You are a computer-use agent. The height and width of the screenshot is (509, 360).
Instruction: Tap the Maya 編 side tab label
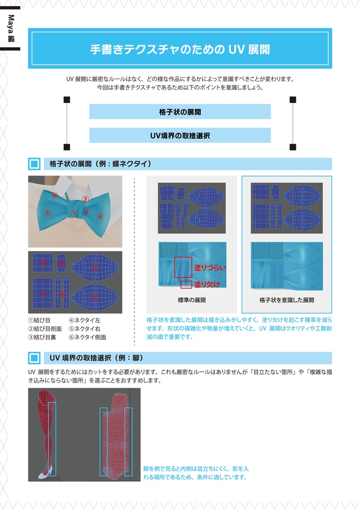click(x=10, y=28)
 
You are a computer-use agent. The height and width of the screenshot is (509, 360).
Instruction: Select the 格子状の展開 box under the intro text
click(x=180, y=112)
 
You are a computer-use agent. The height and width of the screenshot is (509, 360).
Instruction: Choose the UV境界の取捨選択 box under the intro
click(x=180, y=135)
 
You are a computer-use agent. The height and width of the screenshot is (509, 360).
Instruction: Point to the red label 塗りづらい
click(x=210, y=267)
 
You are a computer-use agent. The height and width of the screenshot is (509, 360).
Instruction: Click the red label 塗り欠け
click(x=207, y=284)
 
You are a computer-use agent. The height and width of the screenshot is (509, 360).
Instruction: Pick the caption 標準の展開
click(x=191, y=300)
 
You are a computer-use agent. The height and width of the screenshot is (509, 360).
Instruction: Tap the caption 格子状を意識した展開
click(x=286, y=300)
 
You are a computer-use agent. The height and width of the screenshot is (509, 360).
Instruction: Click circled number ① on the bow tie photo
click(x=74, y=213)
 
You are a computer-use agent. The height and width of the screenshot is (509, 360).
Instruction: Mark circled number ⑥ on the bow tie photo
click(x=55, y=195)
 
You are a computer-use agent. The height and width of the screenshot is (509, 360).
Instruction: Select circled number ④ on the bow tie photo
click(x=100, y=216)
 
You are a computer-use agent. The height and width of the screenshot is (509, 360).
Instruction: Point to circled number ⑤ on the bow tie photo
click(x=48, y=213)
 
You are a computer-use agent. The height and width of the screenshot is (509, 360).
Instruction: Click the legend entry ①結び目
click(x=39, y=320)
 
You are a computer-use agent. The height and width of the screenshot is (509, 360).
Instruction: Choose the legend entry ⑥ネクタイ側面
click(x=87, y=337)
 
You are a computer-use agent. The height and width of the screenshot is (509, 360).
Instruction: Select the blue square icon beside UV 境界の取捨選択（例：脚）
click(x=34, y=358)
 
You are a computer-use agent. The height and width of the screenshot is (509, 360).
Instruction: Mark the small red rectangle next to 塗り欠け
click(x=186, y=284)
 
